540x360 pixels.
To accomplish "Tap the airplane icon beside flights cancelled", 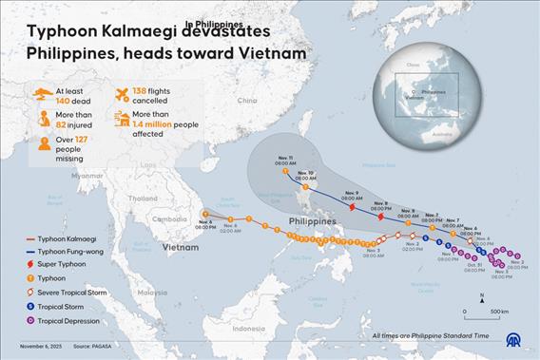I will tap(122, 93).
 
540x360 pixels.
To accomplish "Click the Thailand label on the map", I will tap(143, 199).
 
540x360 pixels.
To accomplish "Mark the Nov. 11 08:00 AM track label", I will tap(287, 161).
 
